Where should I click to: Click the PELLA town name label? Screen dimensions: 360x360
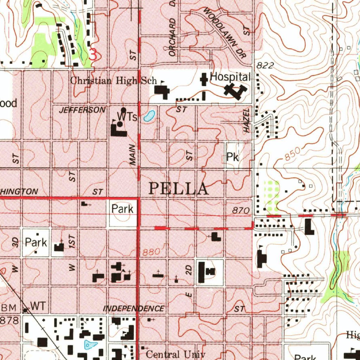(178, 189)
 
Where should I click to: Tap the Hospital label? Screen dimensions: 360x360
(230, 77)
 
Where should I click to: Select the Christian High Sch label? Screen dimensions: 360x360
(113, 81)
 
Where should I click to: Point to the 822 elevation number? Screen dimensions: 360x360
(265, 65)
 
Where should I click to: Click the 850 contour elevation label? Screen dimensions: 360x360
(292, 154)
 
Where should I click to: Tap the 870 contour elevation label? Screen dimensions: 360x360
(241, 210)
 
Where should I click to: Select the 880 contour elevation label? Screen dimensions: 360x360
(152, 252)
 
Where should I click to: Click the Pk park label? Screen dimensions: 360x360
(232, 157)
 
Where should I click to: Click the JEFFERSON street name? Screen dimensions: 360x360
(82, 110)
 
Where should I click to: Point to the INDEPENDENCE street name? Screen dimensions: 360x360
(133, 309)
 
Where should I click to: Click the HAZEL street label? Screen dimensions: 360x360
(247, 120)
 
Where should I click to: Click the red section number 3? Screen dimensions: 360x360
(94, 55)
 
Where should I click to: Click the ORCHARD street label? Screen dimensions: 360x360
(172, 38)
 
